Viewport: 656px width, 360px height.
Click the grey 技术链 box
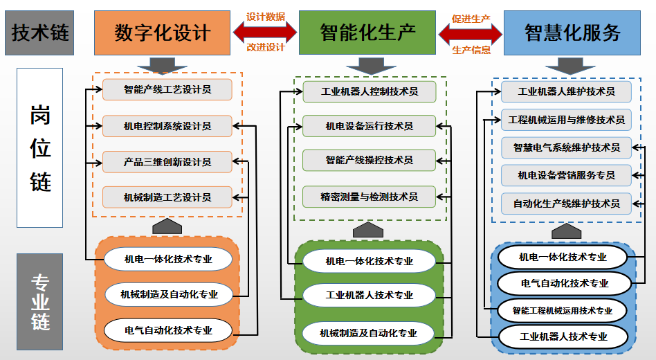pos(39,33)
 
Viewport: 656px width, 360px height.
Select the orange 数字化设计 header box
pos(162,33)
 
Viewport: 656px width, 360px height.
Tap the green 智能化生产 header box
pos(367,32)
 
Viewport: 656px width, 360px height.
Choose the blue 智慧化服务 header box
pos(572,33)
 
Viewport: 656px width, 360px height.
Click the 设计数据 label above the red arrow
pos(266,17)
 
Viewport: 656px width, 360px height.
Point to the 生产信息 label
pos(471,50)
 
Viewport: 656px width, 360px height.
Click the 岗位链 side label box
pos(39,147)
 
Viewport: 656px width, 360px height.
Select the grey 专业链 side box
pos(39,301)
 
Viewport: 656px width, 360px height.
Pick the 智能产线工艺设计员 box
pos(167,89)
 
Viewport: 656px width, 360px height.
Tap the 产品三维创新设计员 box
pos(167,161)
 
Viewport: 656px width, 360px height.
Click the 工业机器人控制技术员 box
pos(370,91)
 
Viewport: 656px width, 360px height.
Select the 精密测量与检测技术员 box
pos(370,197)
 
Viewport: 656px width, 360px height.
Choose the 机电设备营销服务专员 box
pos(566,175)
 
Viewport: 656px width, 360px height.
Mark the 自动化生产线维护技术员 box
pos(566,204)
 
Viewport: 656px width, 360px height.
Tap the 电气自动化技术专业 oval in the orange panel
pos(168,330)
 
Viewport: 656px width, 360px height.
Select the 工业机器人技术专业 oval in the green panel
pos(369,295)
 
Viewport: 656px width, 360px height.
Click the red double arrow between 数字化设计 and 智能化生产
pos(266,32)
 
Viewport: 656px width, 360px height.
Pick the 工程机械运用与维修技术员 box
pos(566,119)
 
